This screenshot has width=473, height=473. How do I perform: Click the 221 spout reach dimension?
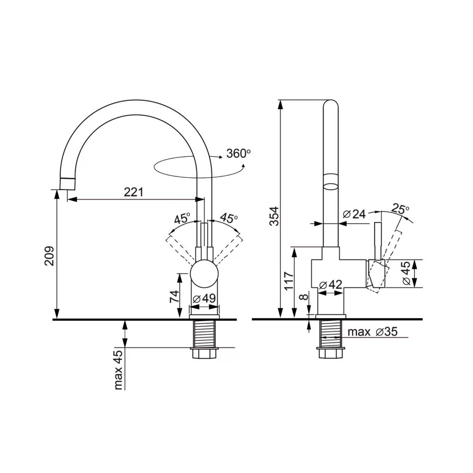pos(133,192)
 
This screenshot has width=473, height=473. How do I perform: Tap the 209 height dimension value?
pos(49,256)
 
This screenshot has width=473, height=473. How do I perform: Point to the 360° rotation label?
pos(238,153)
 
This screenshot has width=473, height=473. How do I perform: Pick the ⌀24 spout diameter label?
pos(354,214)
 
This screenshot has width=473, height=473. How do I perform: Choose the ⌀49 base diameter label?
pos(204,298)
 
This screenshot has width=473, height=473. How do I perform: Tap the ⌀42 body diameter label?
pos(331,285)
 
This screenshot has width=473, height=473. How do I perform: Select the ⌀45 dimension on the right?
pos(407,273)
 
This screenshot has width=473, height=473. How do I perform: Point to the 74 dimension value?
pos(174,296)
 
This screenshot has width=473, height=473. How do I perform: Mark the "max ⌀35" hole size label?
pos(372,332)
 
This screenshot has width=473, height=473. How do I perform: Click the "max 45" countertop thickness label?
pos(118,370)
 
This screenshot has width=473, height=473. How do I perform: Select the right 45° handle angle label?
pos(229,218)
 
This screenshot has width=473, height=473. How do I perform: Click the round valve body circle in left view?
pos(205,274)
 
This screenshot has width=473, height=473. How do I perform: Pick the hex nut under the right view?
pos(330,353)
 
